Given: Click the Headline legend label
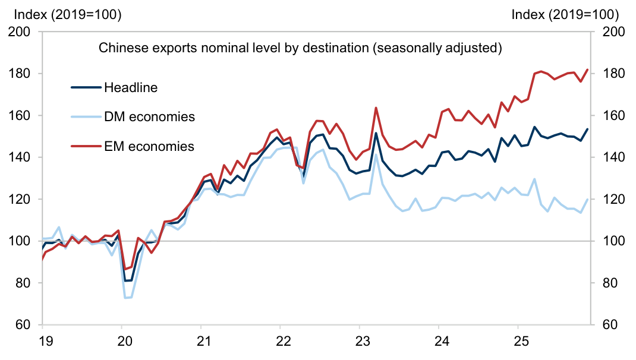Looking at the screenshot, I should [x=131, y=88].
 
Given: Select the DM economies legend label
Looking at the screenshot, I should [x=149, y=116].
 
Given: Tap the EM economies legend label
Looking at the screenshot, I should [x=149, y=146].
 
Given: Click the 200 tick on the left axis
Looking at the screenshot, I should [x=22, y=32].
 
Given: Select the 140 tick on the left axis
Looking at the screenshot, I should [x=22, y=157].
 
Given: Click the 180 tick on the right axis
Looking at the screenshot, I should [x=613, y=74].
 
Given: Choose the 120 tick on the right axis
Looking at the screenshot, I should [x=613, y=200].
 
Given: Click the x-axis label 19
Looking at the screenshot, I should [x=43, y=342].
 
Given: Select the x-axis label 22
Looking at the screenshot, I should [x=280, y=342].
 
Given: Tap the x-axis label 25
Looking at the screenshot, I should [x=518, y=342].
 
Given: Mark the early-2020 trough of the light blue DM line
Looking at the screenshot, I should [x=126, y=298].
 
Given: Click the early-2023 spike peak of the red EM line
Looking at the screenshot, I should [x=376, y=108].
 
